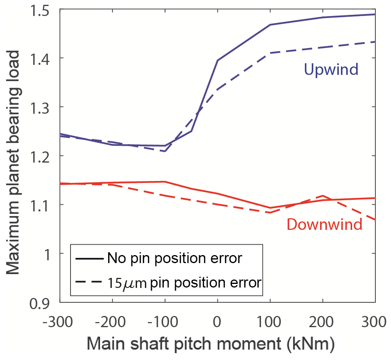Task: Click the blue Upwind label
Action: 331,70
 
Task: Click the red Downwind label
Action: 324,224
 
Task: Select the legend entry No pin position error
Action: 174,258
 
